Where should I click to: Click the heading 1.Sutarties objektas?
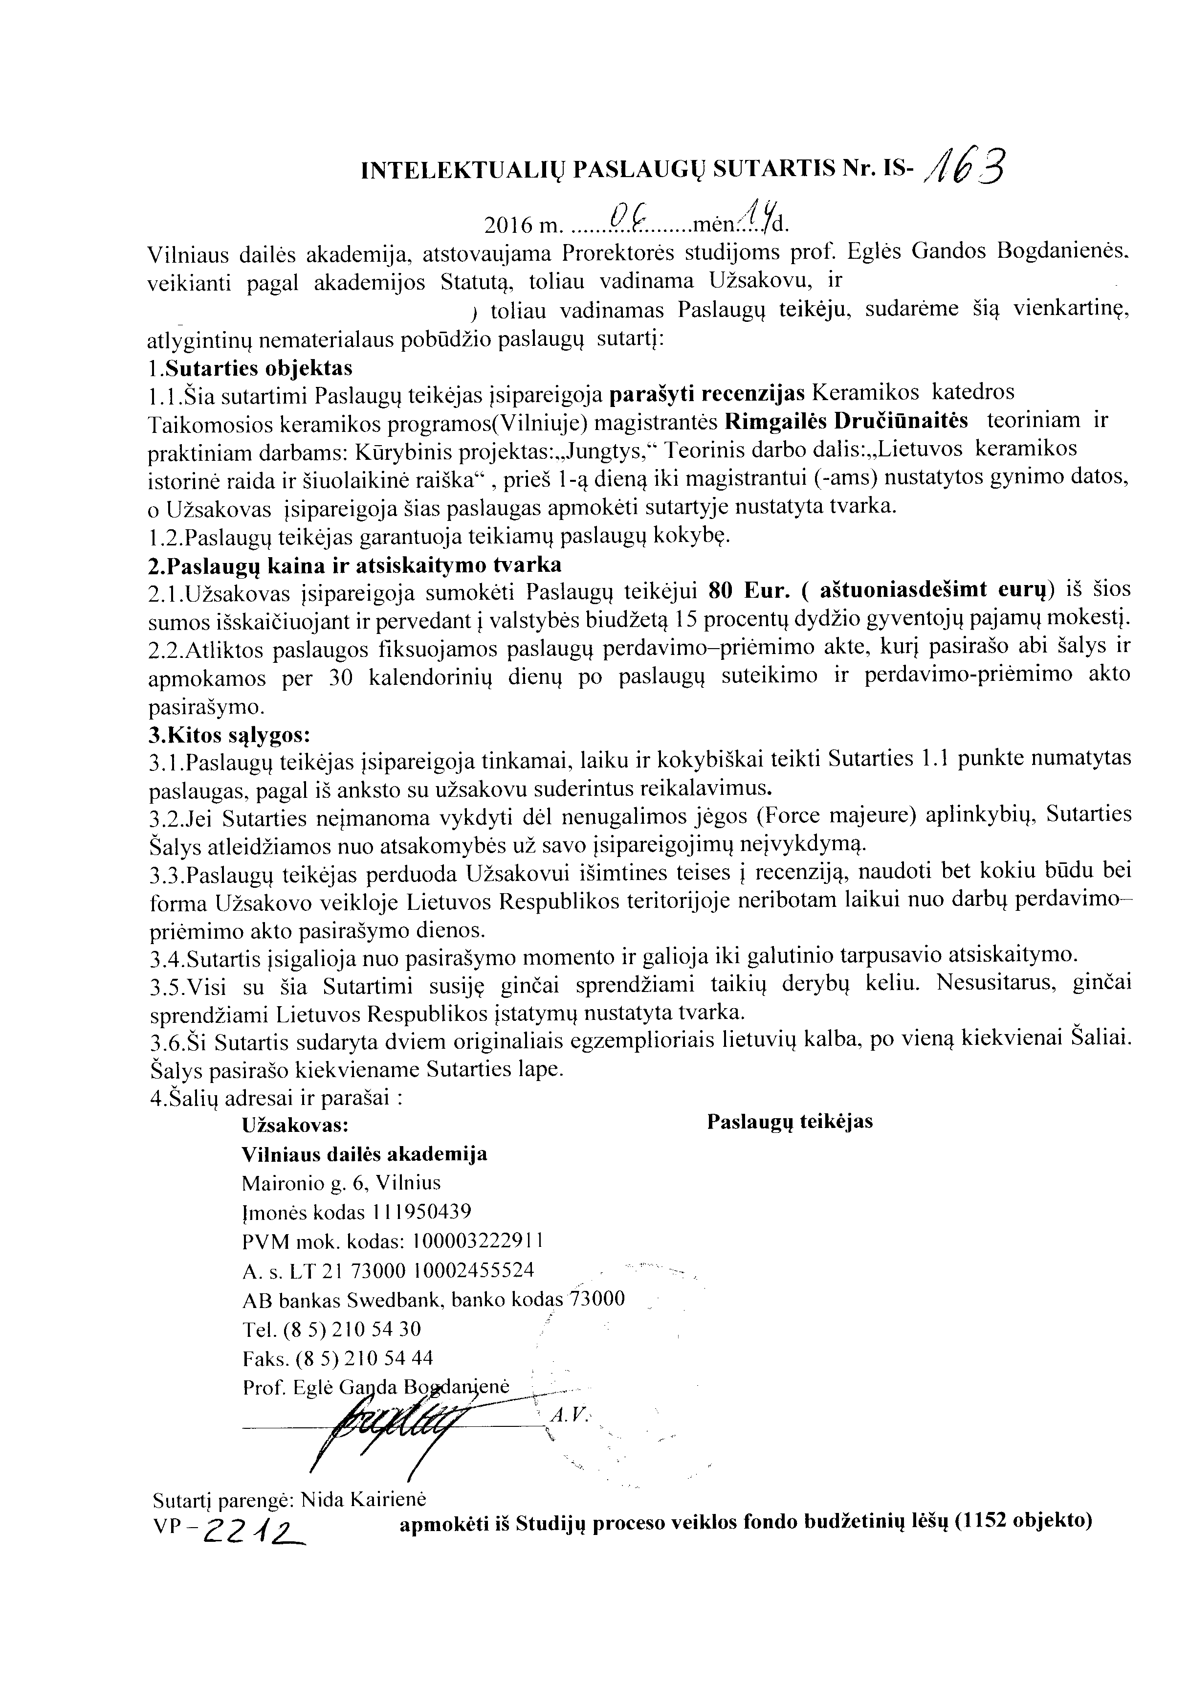pos(250,367)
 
